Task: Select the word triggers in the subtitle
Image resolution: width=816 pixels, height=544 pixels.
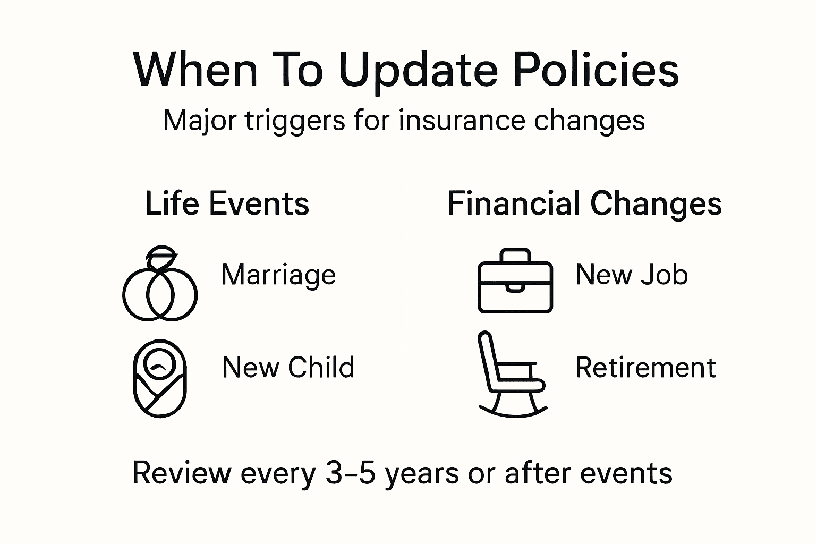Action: tap(295, 120)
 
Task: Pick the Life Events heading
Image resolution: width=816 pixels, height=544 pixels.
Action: tap(227, 203)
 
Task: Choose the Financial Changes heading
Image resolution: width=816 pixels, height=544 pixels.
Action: tap(584, 203)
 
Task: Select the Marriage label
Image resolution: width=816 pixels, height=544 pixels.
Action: tap(278, 275)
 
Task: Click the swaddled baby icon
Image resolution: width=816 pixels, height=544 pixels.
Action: tap(159, 378)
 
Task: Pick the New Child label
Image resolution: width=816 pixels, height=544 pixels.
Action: tap(288, 368)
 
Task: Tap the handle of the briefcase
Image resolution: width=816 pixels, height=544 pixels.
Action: tap(515, 254)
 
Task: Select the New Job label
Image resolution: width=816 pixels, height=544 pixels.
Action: tap(632, 275)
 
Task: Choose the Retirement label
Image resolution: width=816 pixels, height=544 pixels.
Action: tap(645, 368)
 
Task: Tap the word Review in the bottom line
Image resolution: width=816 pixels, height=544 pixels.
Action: tap(182, 473)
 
